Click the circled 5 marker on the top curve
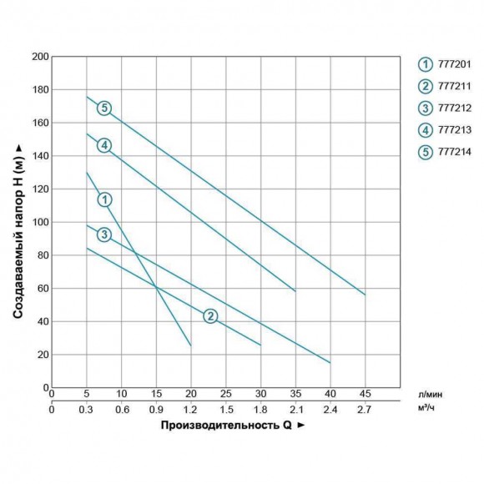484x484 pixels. (103, 108)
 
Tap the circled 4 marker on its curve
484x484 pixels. (103, 145)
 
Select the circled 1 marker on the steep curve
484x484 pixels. (103, 199)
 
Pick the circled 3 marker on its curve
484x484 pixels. (103, 234)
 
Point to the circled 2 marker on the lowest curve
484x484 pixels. (210, 315)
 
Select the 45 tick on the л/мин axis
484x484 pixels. (365, 394)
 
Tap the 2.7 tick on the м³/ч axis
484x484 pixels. (365, 409)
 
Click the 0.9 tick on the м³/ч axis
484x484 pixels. (156, 409)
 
